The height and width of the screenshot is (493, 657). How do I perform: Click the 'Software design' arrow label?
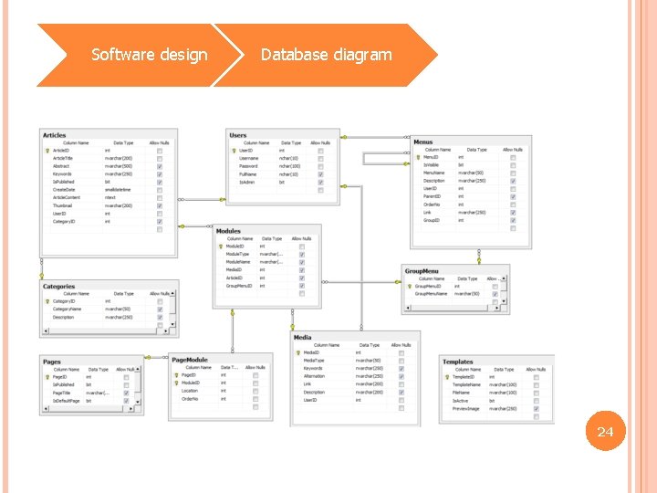150,55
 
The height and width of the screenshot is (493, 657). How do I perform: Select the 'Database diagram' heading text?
326,55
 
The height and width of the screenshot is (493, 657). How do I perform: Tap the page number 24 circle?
604,431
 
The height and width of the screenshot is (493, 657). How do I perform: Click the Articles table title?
55,135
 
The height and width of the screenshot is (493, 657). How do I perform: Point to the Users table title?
238,135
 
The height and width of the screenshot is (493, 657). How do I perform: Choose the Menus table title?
423,142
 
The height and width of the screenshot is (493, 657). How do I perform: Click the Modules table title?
228,231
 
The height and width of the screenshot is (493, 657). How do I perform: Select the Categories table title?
58,287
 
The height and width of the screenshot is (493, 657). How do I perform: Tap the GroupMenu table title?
422,271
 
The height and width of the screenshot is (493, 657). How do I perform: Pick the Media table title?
303,338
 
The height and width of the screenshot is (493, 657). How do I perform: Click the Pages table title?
52,362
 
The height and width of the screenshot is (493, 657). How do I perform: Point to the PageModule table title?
191,361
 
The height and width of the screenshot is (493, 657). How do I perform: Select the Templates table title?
458,362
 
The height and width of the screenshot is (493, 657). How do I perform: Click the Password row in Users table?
248,166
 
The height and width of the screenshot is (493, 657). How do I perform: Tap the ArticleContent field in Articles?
67,197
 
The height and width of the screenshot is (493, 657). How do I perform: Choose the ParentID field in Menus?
433,196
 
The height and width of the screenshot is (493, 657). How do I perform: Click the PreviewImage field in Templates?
465,408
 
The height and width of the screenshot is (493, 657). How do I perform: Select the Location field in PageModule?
190,391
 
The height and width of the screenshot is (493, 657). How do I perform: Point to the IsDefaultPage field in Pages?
66,401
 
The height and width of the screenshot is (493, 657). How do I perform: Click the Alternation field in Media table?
315,376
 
